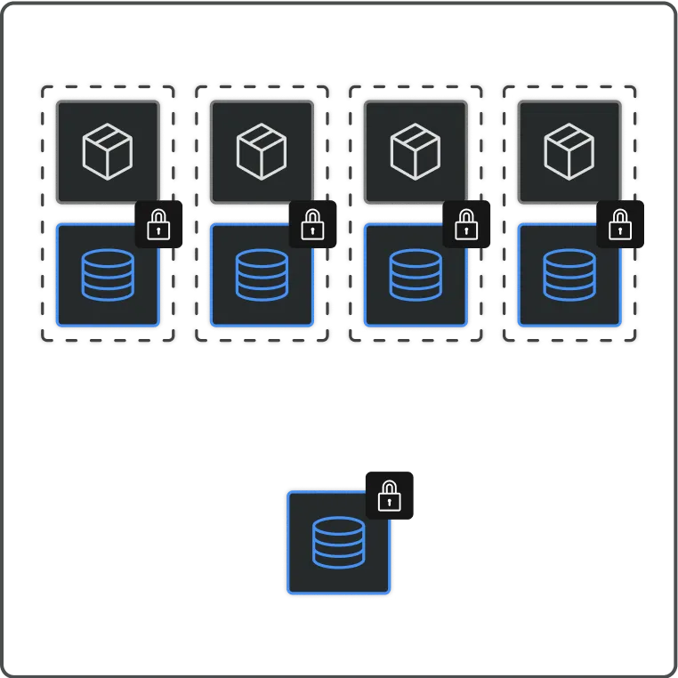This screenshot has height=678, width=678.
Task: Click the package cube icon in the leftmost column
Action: click(x=108, y=151)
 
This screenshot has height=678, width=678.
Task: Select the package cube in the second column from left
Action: click(x=262, y=151)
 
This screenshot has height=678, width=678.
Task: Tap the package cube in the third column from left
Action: click(x=416, y=151)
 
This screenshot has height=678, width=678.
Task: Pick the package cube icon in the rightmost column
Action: click(x=569, y=151)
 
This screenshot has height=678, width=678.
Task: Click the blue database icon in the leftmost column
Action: click(x=108, y=274)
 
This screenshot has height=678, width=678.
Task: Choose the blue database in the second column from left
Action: click(x=262, y=274)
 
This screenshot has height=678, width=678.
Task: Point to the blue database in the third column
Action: click(x=416, y=274)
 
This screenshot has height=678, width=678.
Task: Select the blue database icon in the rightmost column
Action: click(x=569, y=274)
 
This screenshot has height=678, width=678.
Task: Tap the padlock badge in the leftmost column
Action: click(x=158, y=224)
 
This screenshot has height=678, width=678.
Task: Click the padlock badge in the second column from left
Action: click(x=312, y=224)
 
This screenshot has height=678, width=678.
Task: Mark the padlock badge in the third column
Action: click(x=465, y=224)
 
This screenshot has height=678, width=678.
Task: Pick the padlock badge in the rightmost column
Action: click(x=619, y=224)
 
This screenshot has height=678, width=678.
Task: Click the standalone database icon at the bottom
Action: click(x=339, y=542)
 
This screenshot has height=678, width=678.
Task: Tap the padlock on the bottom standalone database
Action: click(x=390, y=495)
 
